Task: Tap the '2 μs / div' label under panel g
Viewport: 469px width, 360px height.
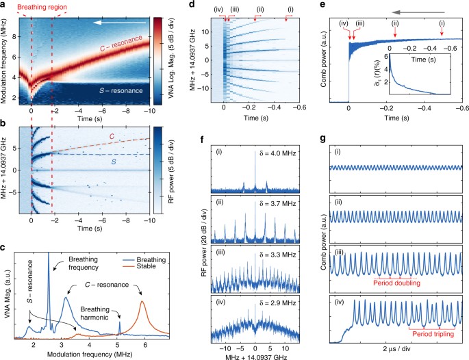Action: tap(394, 354)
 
